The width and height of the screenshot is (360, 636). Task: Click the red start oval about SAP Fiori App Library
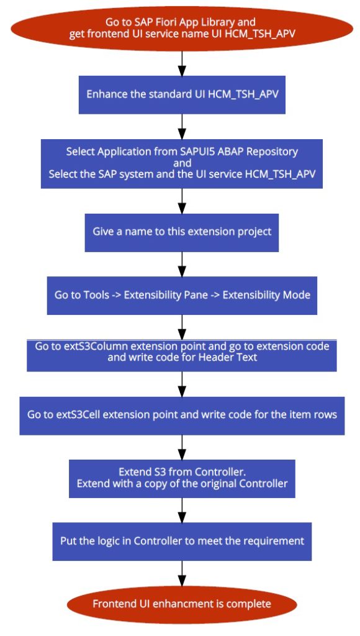pyautogui.click(x=182, y=28)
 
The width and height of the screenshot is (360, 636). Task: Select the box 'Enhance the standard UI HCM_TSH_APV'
pyautogui.click(x=182, y=94)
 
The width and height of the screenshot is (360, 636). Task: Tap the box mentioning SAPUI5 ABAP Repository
pyautogui.click(x=182, y=163)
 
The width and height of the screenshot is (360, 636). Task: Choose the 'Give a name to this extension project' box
pyautogui.click(x=182, y=232)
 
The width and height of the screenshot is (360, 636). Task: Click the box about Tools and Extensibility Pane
pyautogui.click(x=182, y=295)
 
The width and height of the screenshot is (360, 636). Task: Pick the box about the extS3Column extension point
pyautogui.click(x=182, y=355)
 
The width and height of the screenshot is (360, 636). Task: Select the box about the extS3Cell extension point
pyautogui.click(x=182, y=416)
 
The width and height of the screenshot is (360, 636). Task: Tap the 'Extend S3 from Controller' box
pyautogui.click(x=182, y=479)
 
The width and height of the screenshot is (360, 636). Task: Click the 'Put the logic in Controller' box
pyautogui.click(x=182, y=542)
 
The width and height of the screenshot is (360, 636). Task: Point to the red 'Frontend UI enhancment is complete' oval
pyautogui.click(x=182, y=604)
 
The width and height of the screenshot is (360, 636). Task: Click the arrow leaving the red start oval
pyautogui.click(x=182, y=63)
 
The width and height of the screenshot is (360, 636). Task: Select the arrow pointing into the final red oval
pyautogui.click(x=182, y=573)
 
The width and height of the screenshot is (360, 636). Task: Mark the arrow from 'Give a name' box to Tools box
pyautogui.click(x=182, y=264)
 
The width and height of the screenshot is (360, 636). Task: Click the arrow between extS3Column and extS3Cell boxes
pyautogui.click(x=182, y=384)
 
